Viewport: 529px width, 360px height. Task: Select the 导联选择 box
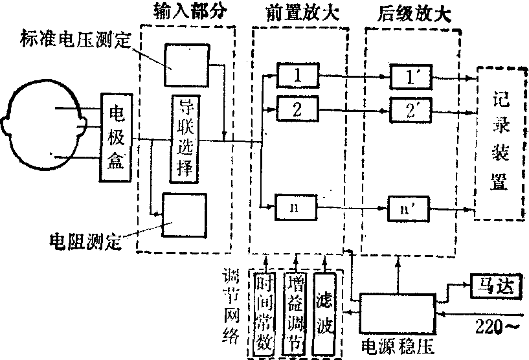click(x=185, y=139)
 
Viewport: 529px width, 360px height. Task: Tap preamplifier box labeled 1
click(x=297, y=76)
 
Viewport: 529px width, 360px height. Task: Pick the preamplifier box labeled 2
click(x=297, y=108)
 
